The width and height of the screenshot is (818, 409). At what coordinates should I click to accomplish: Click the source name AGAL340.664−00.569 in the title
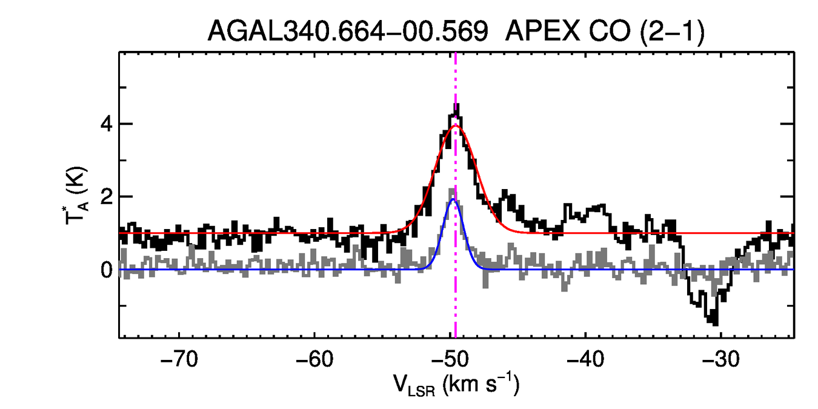(x=348, y=32)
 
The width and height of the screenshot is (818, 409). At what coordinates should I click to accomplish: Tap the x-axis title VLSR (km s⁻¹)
(x=456, y=385)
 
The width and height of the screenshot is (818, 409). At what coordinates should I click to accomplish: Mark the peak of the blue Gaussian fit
(x=453, y=199)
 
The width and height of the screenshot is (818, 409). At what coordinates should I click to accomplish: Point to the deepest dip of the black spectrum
(x=715, y=322)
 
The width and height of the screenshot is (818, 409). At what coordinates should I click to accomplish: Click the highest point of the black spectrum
(x=456, y=106)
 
